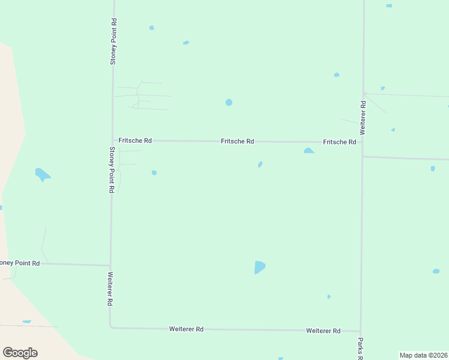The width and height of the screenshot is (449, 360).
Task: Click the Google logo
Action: tap(20, 353)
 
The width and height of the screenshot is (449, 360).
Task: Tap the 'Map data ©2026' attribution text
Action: tap(423, 355)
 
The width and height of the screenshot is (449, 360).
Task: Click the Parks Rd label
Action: tap(360, 349)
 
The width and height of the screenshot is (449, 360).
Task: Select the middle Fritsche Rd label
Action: tap(237, 142)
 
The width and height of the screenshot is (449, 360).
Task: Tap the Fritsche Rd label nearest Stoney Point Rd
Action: tap(135, 140)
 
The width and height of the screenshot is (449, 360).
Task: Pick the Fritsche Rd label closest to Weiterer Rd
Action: tap(340, 142)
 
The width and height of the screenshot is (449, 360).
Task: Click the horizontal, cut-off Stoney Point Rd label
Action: tap(20, 263)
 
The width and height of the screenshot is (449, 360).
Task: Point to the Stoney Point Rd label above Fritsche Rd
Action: tap(113, 41)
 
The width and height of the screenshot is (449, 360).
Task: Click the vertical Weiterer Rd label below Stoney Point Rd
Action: tap(110, 290)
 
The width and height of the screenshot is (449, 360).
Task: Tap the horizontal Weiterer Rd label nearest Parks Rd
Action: tap(323, 331)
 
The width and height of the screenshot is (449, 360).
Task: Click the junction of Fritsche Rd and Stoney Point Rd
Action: tap(112, 140)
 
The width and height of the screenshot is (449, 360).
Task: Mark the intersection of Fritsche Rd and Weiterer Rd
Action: tap(362, 143)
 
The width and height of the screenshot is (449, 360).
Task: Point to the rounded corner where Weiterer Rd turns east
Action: tap(111, 327)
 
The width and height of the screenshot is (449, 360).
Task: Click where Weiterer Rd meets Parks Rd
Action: tap(360, 331)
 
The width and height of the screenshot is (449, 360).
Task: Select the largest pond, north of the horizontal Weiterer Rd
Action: tap(259, 267)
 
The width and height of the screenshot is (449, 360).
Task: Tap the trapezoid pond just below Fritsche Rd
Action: tap(309, 151)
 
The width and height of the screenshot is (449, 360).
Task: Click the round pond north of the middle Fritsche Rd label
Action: tap(229, 103)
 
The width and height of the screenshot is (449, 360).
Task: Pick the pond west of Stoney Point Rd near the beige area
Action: tap(42, 175)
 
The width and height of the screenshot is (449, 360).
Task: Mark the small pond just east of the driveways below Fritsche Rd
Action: tap(154, 173)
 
